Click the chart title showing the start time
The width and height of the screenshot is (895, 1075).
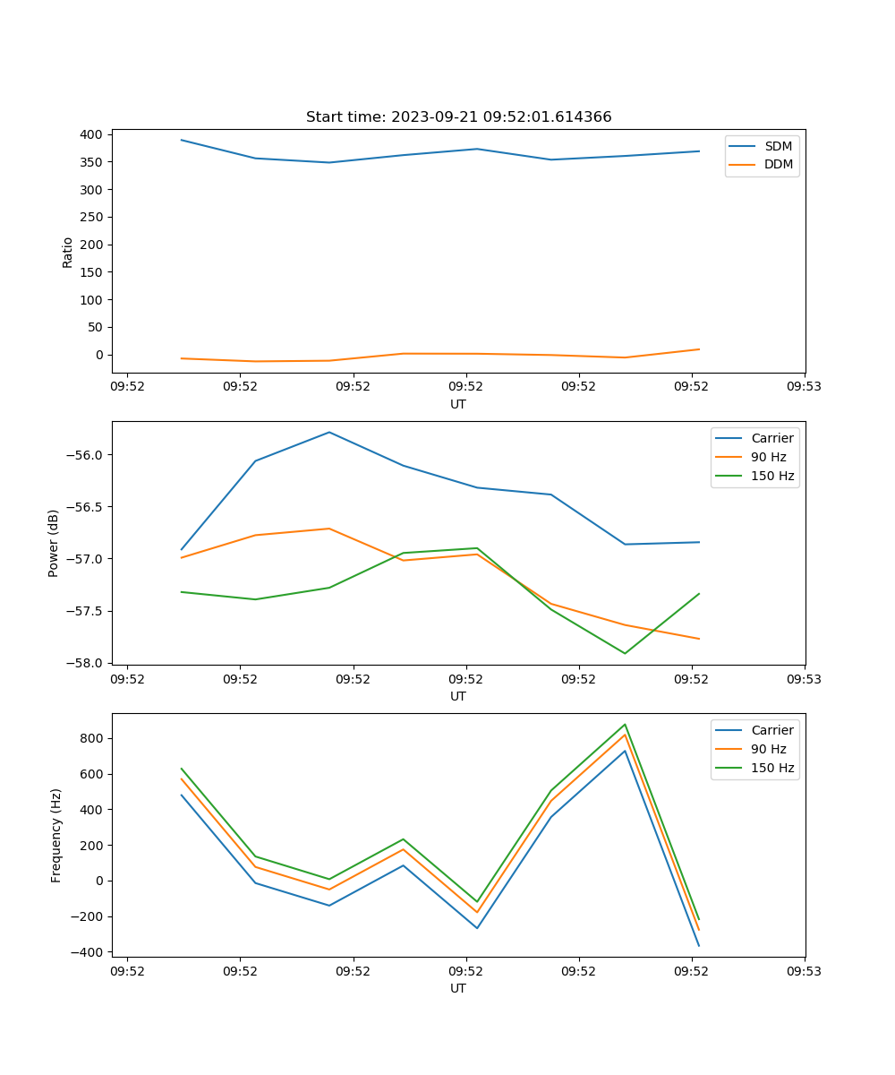[x=458, y=117]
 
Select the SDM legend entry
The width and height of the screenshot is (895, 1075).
[x=778, y=146]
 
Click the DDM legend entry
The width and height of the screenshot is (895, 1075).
[x=778, y=165]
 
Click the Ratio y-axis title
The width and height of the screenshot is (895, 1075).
[x=68, y=252]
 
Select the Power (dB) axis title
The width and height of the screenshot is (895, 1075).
[x=54, y=543]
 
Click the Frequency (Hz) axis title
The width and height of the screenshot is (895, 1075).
[x=56, y=835]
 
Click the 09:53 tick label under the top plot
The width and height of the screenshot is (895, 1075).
[x=804, y=387]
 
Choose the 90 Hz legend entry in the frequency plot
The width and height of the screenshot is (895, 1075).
[x=768, y=749]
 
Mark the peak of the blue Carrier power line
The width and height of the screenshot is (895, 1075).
[x=329, y=432]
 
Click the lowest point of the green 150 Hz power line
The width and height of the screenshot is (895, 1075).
[x=625, y=653]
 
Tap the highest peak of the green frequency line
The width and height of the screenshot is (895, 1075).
[x=625, y=724]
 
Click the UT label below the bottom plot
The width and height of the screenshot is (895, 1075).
[x=458, y=988]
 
